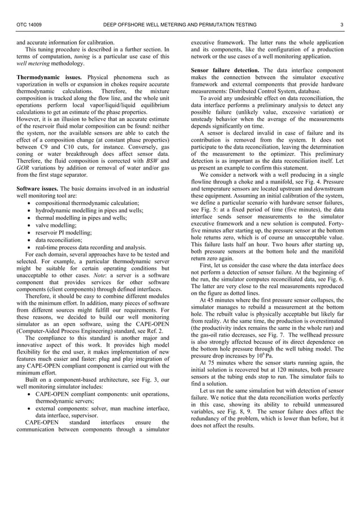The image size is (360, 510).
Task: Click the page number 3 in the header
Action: click(342, 25)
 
